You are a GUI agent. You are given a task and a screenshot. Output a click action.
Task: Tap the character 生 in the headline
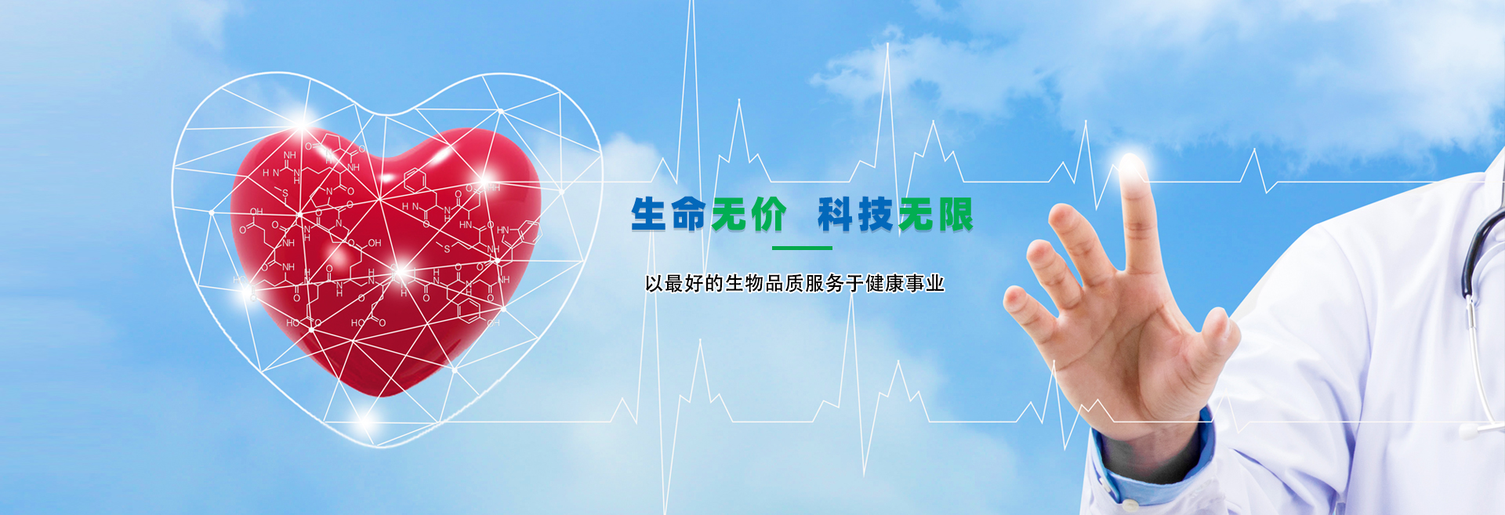coord(650,215)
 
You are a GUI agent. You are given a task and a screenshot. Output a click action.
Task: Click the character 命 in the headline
coord(689,215)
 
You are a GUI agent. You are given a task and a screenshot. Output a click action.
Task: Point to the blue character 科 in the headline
coord(836,215)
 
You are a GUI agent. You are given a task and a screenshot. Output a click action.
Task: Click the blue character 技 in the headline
coord(876,215)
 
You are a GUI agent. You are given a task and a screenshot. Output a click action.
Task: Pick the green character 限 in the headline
coord(955,215)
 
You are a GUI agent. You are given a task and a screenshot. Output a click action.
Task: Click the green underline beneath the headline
coord(802,248)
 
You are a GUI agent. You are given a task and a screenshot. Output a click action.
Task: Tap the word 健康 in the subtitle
coord(885,283)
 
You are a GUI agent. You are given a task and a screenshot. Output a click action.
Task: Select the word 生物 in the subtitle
coord(745,283)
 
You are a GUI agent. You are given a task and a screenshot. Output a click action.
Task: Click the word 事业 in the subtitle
coord(925,283)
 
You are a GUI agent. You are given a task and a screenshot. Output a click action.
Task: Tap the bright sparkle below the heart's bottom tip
coord(364,422)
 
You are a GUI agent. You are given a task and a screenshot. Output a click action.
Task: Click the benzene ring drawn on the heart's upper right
coord(415,181)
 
